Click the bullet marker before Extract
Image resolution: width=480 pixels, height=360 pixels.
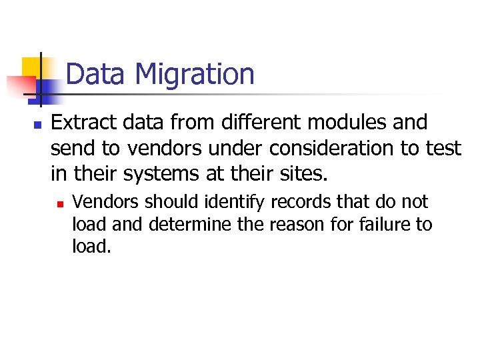coord(37,125)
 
